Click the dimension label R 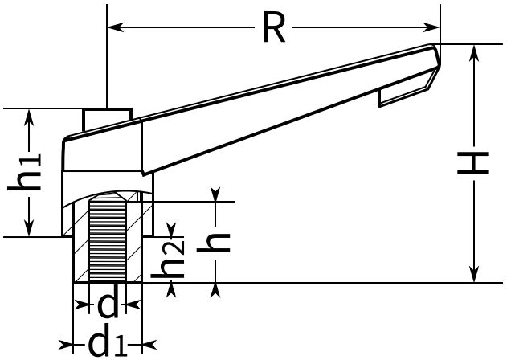click(x=274, y=27)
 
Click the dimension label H click(x=472, y=163)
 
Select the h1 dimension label click(x=25, y=172)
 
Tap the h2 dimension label click(x=168, y=259)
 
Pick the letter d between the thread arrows click(x=108, y=305)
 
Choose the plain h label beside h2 click(x=214, y=242)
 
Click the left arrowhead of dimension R click(x=116, y=27)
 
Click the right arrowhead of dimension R click(x=431, y=27)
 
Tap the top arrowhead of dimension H click(x=474, y=52)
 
